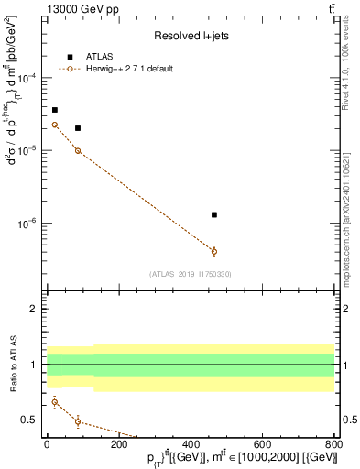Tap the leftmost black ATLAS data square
pyautogui.click(x=55, y=110)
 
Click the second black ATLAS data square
pyautogui.click(x=78, y=128)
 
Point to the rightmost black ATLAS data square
pyautogui.click(x=214, y=214)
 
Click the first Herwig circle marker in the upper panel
pyautogui.click(x=55, y=125)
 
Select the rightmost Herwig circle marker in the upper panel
pyautogui.click(x=214, y=251)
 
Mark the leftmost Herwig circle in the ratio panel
pyautogui.click(x=55, y=401)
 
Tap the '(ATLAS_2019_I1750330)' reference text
pyautogui.click(x=191, y=273)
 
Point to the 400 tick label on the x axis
pyautogui.click(x=191, y=445)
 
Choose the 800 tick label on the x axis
pyautogui.click(x=334, y=445)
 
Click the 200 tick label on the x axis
pyautogui.click(x=119, y=445)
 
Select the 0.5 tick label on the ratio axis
pyautogui.click(x=33, y=420)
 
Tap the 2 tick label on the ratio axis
pyautogui.click(x=37, y=309)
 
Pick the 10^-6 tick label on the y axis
pyautogui.click(x=29, y=223)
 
